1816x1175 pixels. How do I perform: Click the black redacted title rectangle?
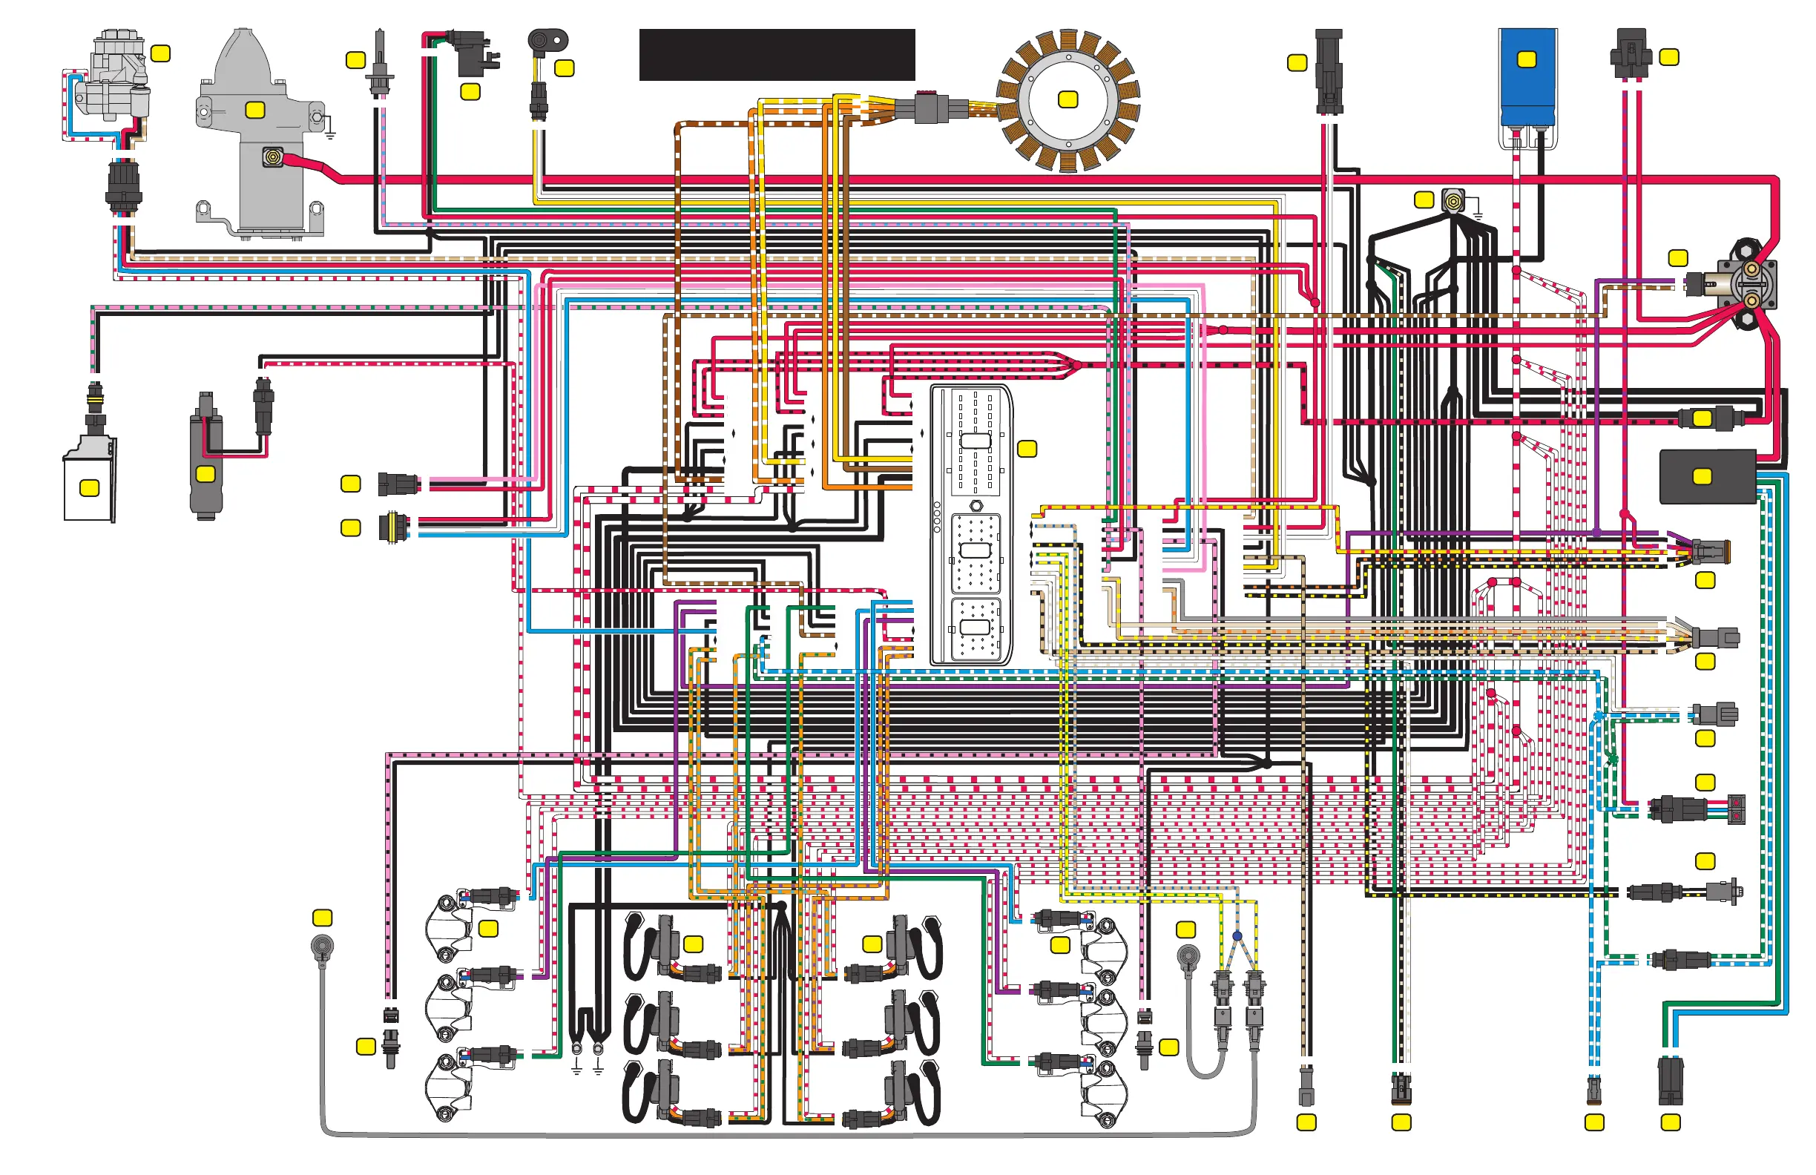pyautogui.click(x=777, y=55)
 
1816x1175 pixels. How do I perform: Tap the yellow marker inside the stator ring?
pyautogui.click(x=1067, y=99)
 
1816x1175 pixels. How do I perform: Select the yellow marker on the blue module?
pyautogui.click(x=1527, y=59)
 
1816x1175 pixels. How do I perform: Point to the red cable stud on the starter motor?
pyautogui.click(x=272, y=157)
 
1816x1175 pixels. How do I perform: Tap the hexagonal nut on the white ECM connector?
pyautogui.click(x=976, y=505)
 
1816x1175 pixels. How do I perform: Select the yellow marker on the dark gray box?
pyautogui.click(x=1702, y=477)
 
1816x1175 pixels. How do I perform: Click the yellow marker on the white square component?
pyautogui.click(x=89, y=487)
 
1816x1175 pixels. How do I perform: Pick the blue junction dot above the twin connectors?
pyautogui.click(x=1237, y=935)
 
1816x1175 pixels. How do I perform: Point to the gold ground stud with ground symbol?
pyautogui.click(x=1453, y=202)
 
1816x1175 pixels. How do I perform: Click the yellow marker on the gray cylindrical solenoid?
pyautogui.click(x=205, y=475)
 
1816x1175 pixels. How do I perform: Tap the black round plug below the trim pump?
pyautogui.click(x=123, y=186)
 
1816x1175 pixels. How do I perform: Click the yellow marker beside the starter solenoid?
pyautogui.click(x=1678, y=258)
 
